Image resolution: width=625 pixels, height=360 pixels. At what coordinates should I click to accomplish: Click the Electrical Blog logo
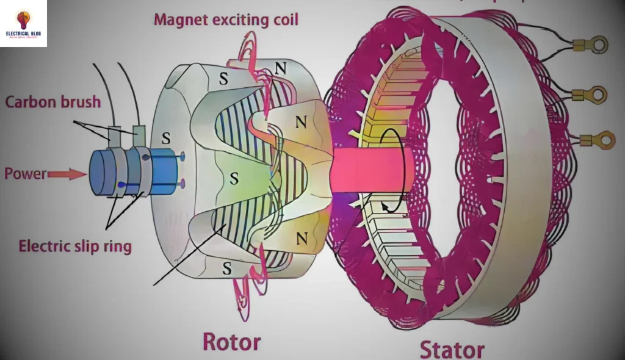click(23, 23)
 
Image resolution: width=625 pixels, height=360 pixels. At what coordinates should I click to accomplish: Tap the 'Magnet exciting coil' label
click(226, 20)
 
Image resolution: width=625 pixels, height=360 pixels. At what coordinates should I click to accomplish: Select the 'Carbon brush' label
click(53, 101)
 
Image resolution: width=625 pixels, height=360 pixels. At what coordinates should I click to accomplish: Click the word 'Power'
click(26, 174)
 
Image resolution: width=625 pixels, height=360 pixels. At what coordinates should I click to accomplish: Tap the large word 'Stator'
click(452, 349)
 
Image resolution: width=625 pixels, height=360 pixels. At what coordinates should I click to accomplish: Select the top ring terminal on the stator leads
click(598, 45)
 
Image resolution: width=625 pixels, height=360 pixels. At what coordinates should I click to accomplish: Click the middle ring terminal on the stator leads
click(597, 95)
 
